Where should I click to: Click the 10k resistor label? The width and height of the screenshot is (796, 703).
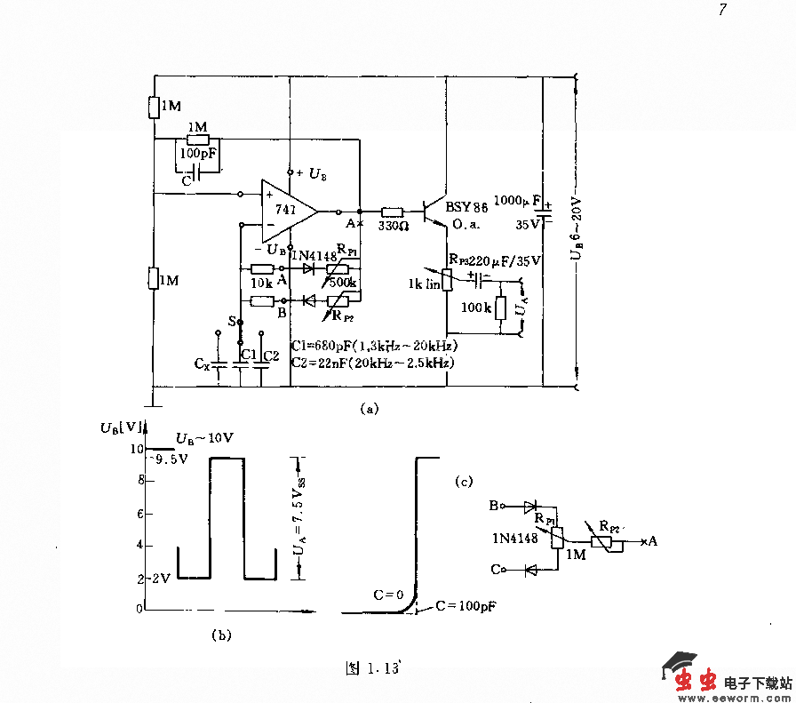(x=261, y=283)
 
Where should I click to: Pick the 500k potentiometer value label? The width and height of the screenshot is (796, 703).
(x=343, y=283)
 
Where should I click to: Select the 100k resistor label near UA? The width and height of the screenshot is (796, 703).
(x=474, y=308)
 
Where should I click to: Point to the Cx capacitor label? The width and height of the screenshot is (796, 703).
(x=203, y=364)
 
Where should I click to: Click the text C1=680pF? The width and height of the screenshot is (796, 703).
(x=327, y=346)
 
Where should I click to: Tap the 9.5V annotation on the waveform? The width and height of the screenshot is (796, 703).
(x=170, y=459)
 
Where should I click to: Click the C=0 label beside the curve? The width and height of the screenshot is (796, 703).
(x=386, y=595)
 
